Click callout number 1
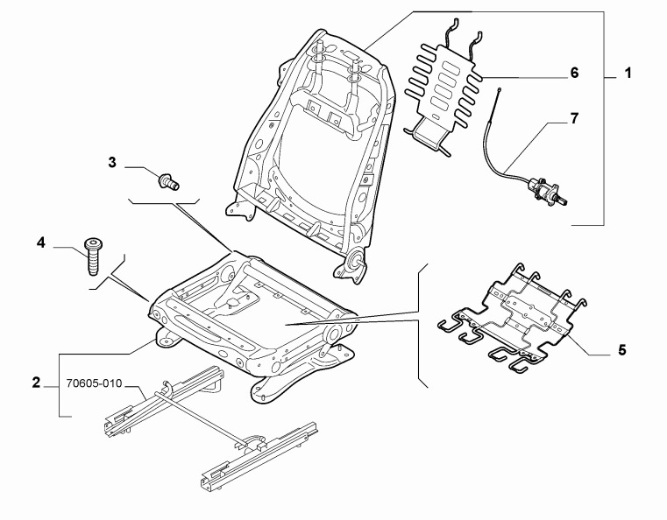pyautogui.click(x=628, y=73)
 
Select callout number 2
pyautogui.click(x=36, y=383)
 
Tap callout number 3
pyautogui.click(x=112, y=162)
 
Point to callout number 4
pyautogui.click(x=41, y=243)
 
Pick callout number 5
pyautogui.click(x=622, y=350)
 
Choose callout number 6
pyautogui.click(x=574, y=73)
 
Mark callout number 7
pyautogui.click(x=574, y=118)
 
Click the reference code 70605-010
pyautogui.click(x=94, y=383)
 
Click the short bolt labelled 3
pyautogui.click(x=168, y=182)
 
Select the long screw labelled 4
pyautogui.click(x=93, y=256)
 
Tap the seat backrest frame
pyautogui.click(x=313, y=153)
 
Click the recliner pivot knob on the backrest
pyautogui.click(x=354, y=260)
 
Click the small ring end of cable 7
pyautogui.click(x=500, y=89)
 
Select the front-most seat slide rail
pyautogui.click(x=259, y=457)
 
